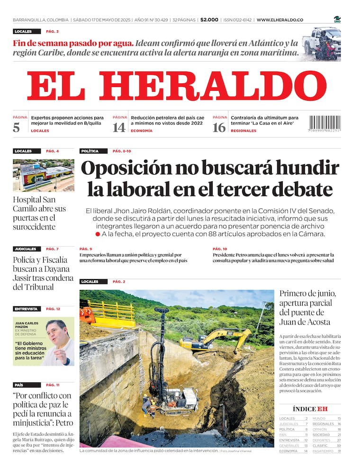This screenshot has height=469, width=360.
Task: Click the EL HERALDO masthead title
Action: click(x=176, y=86)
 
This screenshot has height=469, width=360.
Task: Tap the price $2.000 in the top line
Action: click(x=209, y=20)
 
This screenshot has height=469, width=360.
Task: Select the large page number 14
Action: click(x=119, y=127)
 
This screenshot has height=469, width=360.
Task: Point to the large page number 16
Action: click(x=219, y=127)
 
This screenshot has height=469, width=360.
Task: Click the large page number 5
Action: click(x=17, y=127)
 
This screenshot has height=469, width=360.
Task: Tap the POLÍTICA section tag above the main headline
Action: click(x=90, y=151)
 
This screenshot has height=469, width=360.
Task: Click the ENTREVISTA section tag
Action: click(x=26, y=309)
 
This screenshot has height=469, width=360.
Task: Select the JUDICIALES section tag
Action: click(x=26, y=248)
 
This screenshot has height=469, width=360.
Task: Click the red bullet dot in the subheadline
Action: click(x=98, y=234)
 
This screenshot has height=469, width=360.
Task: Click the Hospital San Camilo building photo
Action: click(x=43, y=175)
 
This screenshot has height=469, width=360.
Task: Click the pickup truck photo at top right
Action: click(x=321, y=44)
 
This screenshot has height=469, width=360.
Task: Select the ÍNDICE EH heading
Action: click(x=310, y=409)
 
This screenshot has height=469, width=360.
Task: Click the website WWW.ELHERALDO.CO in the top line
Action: click(x=280, y=20)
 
